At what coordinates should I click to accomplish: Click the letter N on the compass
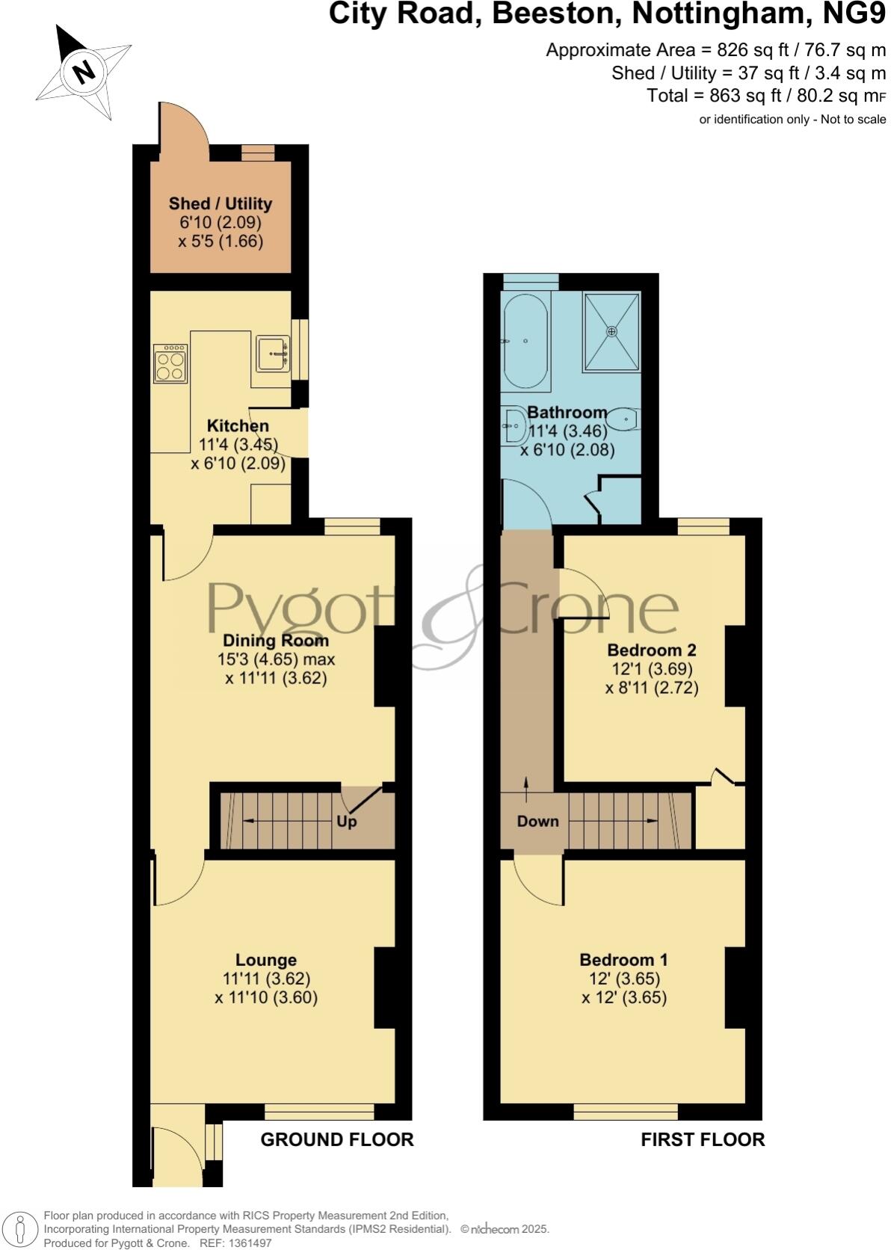click(x=84, y=73)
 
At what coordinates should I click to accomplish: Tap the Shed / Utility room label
click(x=221, y=203)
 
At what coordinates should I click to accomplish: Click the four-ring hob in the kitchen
click(x=170, y=363)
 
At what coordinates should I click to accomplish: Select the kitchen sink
click(x=273, y=353)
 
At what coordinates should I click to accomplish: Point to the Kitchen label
click(x=238, y=426)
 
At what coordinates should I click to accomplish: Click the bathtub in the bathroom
click(x=525, y=340)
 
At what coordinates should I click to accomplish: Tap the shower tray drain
click(x=612, y=330)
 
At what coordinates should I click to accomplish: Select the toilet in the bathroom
click(x=622, y=419)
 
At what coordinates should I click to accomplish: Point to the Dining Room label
click(x=276, y=641)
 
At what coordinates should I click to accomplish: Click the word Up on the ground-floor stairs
click(x=347, y=821)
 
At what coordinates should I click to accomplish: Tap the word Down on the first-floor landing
click(x=537, y=821)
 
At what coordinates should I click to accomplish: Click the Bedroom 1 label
click(x=623, y=959)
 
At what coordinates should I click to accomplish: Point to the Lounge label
click(x=266, y=960)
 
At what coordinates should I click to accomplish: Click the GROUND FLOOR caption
click(x=336, y=1139)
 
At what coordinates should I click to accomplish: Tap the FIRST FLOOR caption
click(x=703, y=1139)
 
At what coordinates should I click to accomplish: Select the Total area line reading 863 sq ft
click(x=765, y=96)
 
